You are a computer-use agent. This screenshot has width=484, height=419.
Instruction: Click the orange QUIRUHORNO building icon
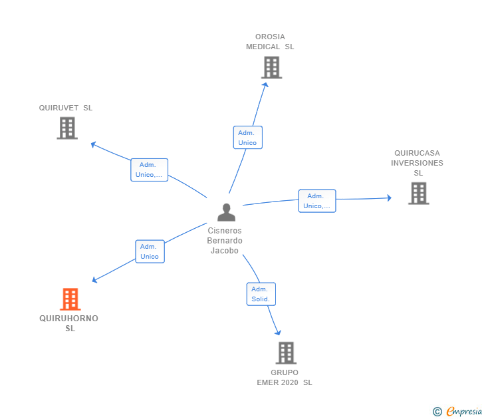click(x=70, y=299)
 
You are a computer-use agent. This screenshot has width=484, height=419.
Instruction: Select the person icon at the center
click(x=226, y=212)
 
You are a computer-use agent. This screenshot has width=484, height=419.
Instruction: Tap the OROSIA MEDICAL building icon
click(x=272, y=67)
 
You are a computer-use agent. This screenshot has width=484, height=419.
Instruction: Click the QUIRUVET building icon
click(x=67, y=128)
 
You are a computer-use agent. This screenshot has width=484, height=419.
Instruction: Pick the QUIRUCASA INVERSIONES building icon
click(x=419, y=194)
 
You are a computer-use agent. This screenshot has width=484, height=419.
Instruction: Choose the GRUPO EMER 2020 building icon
click(x=286, y=353)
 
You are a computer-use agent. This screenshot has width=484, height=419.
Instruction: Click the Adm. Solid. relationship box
click(x=261, y=294)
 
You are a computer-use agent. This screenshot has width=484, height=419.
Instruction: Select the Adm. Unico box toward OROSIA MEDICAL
click(x=248, y=138)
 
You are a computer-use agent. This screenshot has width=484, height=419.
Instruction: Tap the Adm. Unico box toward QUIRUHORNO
click(x=150, y=251)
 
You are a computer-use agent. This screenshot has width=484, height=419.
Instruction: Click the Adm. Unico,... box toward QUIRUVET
click(x=150, y=170)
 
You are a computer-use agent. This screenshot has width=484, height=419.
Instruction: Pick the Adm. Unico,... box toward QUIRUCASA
click(x=317, y=201)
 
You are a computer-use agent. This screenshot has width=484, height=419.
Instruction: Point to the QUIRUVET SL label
click(x=66, y=108)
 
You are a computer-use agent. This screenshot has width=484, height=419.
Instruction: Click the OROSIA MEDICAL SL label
click(x=270, y=42)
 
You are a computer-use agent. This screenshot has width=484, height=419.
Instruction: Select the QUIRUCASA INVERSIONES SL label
click(x=417, y=163)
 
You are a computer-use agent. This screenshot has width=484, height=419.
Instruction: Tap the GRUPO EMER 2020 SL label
click(x=285, y=377)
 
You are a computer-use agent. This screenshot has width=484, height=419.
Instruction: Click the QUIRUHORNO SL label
click(x=69, y=323)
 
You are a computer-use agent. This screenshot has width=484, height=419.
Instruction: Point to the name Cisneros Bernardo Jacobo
click(x=225, y=241)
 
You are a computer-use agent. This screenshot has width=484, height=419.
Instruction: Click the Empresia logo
click(x=457, y=411)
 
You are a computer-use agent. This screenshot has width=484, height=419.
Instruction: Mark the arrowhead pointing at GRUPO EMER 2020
click(x=279, y=333)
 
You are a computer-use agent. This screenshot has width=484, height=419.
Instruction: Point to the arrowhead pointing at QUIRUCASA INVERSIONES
click(x=390, y=198)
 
